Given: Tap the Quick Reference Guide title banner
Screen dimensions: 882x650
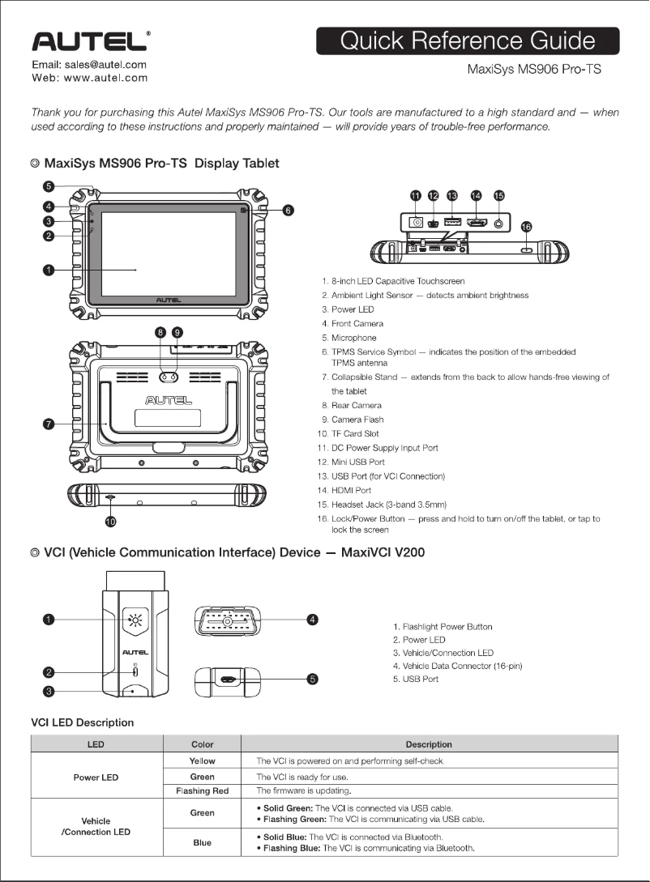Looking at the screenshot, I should pyautogui.click(x=468, y=40).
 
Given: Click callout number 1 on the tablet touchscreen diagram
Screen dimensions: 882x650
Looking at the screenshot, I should pyautogui.click(x=49, y=270).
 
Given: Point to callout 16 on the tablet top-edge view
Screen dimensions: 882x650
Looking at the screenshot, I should pyautogui.click(x=526, y=228).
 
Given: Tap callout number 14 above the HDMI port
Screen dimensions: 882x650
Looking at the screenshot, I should pyautogui.click(x=476, y=195).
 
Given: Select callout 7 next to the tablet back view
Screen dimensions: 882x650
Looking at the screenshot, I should pyautogui.click(x=49, y=424).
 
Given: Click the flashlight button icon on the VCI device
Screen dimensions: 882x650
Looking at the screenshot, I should pyautogui.click(x=135, y=621).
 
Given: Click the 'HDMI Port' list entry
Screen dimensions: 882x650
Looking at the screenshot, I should pyautogui.click(x=351, y=490).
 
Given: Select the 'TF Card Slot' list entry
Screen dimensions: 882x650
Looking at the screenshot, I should pyautogui.click(x=355, y=434).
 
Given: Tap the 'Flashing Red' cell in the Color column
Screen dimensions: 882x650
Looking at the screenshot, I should pyautogui.click(x=202, y=790).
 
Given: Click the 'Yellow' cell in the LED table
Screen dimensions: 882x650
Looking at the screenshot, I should pyautogui.click(x=202, y=761).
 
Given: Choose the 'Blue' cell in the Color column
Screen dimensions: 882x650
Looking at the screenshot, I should pyautogui.click(x=202, y=842).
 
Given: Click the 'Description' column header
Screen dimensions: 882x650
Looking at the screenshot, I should pyautogui.click(x=429, y=744).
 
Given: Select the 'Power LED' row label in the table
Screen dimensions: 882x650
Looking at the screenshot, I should pyautogui.click(x=96, y=778).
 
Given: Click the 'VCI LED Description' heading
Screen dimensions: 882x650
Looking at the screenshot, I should pyautogui.click(x=82, y=722).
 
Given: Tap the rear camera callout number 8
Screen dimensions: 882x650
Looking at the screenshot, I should pyautogui.click(x=160, y=332).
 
